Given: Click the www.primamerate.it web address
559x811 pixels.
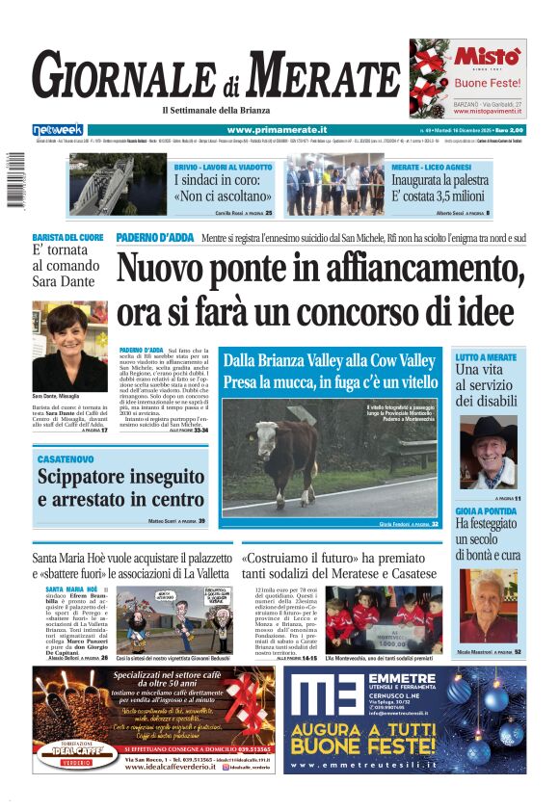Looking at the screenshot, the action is (x=277, y=130).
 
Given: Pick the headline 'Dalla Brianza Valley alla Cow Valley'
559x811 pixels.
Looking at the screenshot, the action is (x=330, y=361).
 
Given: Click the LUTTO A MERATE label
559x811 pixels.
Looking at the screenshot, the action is (x=486, y=357).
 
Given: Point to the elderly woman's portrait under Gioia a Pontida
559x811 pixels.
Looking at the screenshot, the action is (x=488, y=607).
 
